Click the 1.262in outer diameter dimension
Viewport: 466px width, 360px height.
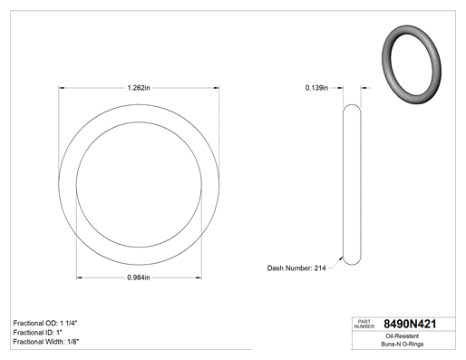[139, 88]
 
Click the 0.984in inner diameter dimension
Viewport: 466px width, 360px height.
[139, 277]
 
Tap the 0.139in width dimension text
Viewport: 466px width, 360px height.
[316, 88]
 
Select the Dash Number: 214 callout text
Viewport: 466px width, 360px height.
[296, 268]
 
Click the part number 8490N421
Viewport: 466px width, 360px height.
[410, 324]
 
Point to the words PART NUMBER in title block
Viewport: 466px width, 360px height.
[364, 324]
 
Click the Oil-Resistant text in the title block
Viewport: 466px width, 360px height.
[403, 336]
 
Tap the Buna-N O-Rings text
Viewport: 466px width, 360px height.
[403, 344]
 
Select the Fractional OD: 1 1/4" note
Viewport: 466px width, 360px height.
[45, 323]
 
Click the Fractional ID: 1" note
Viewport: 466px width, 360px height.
[38, 333]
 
